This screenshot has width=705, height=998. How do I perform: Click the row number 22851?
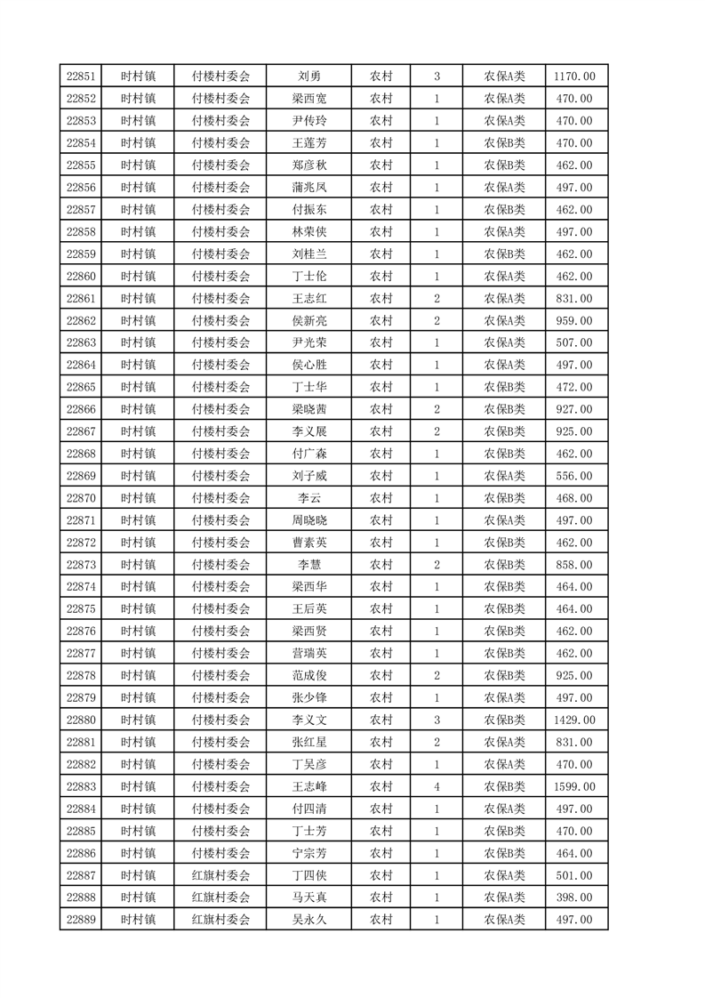point(80,76)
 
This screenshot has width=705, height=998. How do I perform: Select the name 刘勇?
point(309,76)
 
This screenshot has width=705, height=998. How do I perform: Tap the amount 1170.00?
point(574,76)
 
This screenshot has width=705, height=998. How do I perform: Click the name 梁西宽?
point(309,99)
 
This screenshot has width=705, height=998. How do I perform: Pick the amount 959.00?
point(574,320)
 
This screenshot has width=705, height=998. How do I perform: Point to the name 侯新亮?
point(309,320)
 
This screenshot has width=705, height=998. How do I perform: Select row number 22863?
point(80,342)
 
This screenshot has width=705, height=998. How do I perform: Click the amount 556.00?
point(574,476)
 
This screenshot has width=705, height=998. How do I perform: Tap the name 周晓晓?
point(309,520)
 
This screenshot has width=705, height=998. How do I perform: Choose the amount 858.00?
point(574,565)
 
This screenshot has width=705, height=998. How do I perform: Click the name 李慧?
point(309,565)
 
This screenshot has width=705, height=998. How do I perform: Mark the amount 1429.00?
point(574,720)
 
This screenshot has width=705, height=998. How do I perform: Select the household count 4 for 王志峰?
point(437,786)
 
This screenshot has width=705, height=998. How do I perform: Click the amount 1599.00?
point(574,786)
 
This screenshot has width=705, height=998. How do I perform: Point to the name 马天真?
point(309,897)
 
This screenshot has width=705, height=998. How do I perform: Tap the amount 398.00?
point(574,897)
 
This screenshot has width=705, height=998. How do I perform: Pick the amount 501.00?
point(574,875)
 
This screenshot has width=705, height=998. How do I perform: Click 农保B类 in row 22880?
point(504,720)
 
